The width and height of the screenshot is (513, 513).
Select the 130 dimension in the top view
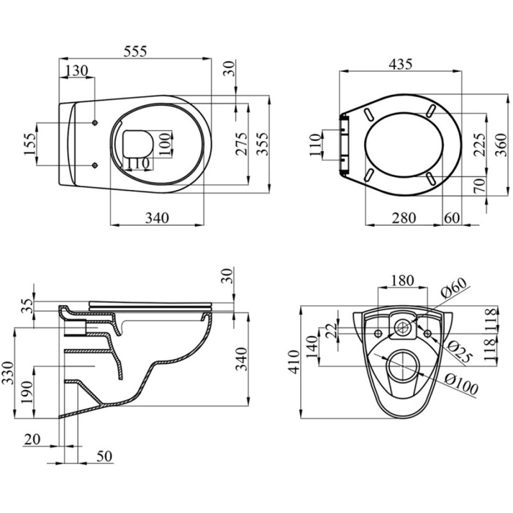pyautogui.click(x=77, y=71)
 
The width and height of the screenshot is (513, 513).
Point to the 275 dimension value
pyautogui.click(x=240, y=151)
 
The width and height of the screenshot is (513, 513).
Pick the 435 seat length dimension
pyautogui.click(x=401, y=64)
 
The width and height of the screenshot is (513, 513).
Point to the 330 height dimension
pyautogui.click(x=7, y=373)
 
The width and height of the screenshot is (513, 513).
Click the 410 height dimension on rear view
pyautogui.click(x=294, y=362)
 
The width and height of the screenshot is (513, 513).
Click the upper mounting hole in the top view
pyautogui.click(x=95, y=122)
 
